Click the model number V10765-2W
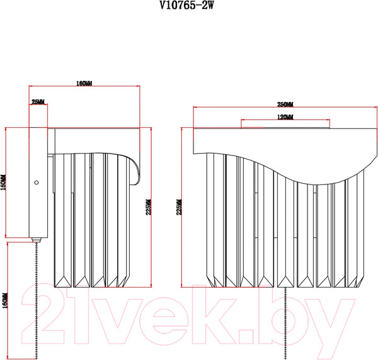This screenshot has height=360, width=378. pos(189,7)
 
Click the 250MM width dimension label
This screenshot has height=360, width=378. pos(285,103)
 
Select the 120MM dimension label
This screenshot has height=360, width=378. pos(285,117)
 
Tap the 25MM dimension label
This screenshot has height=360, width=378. pos(38,101)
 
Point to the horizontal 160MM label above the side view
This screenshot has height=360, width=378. pos(84,83)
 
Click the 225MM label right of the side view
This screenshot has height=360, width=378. pos(149,208)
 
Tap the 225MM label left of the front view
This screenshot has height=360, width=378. pos(179,208)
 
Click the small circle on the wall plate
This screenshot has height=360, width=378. pos(37,183)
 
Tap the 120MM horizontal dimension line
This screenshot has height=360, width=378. pos(285,121)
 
